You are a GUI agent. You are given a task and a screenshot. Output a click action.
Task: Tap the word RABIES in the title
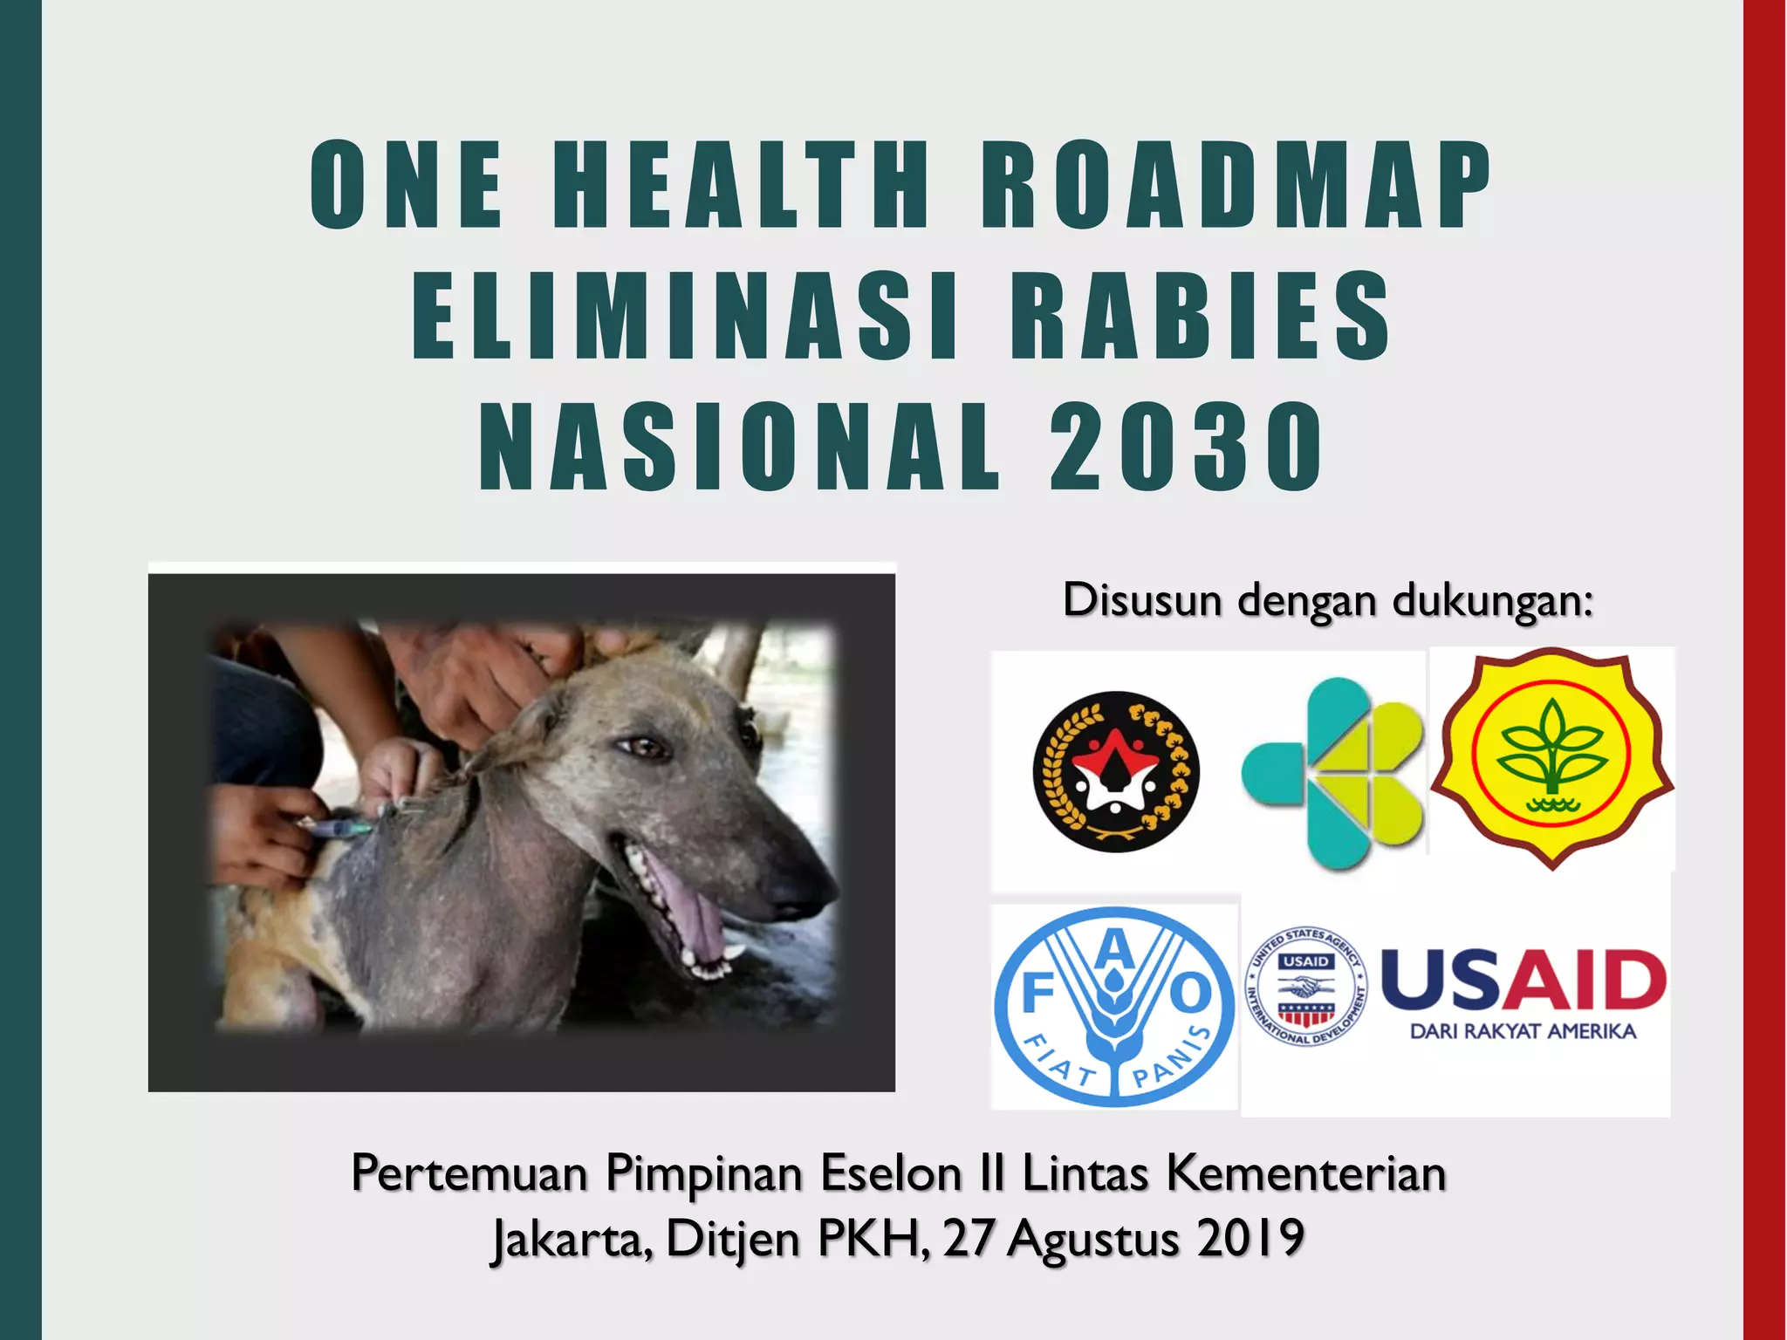click(1201, 316)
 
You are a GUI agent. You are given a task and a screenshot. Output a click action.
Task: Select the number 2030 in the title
click(1187, 447)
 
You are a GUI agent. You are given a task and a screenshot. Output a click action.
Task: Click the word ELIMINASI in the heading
click(684, 316)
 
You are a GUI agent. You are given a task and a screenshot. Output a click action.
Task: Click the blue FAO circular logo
click(1114, 1006)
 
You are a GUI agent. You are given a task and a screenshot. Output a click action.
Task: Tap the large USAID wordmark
click(1523, 980)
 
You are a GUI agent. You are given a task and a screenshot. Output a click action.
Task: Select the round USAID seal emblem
click(1305, 986)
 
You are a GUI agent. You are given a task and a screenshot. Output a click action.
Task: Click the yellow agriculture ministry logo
click(1551, 757)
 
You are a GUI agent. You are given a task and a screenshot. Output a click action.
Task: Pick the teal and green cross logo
click(1333, 773)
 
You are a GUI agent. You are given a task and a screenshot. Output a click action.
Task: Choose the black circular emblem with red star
click(1116, 772)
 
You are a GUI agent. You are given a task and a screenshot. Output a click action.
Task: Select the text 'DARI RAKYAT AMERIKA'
click(1523, 1031)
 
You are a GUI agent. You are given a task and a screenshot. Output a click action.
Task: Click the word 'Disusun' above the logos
click(1140, 600)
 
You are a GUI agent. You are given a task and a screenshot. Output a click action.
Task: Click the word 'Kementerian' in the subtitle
click(1306, 1173)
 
